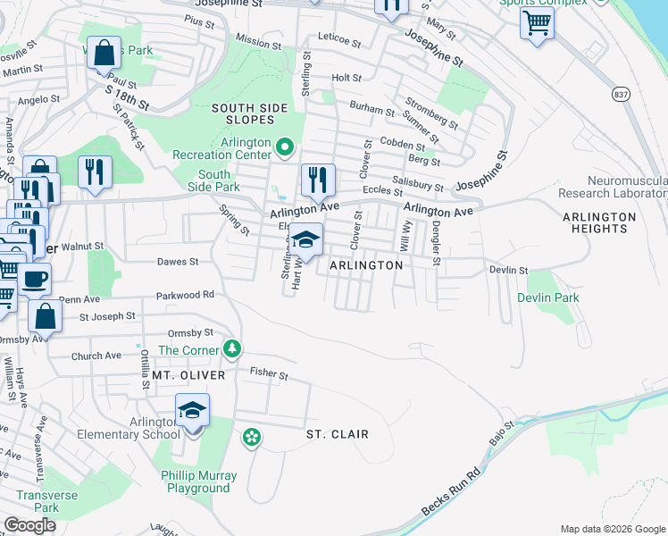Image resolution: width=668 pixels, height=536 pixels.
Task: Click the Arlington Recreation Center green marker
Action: (x=285, y=146)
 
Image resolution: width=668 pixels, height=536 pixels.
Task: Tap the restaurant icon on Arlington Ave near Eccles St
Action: (x=317, y=180)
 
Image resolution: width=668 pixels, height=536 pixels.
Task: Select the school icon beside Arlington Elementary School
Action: (x=192, y=410)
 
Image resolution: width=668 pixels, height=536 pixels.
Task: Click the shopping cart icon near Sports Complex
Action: (x=537, y=23)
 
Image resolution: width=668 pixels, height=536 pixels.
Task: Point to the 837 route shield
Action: (x=622, y=93)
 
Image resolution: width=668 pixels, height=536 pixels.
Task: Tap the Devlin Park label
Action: (x=547, y=297)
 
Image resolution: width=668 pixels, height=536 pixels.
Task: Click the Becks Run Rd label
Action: (x=451, y=492)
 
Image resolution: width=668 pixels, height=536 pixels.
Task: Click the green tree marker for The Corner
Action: (x=232, y=348)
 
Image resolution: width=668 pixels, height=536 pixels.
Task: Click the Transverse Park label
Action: (x=46, y=501)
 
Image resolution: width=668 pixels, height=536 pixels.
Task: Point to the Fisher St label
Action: (x=269, y=374)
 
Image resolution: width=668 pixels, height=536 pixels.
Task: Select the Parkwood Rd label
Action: (x=185, y=294)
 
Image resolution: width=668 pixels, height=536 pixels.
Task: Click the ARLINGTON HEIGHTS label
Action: (x=599, y=222)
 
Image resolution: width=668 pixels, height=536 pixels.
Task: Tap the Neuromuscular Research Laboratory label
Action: (x=613, y=186)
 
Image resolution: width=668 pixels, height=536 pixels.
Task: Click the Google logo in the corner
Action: (x=29, y=525)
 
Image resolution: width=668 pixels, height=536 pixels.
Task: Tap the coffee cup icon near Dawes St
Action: (x=35, y=279)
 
